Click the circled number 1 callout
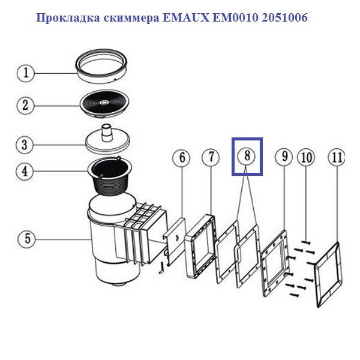tap(26, 73)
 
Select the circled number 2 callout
tap(25, 106)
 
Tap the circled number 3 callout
tap(25, 145)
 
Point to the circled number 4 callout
tap(25, 172)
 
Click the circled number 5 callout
tap(27, 239)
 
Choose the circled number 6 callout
tap(182, 158)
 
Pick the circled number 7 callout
tap(211, 157)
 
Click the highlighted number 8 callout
tap(247, 156)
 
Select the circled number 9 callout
tap(284, 157)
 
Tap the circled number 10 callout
tap(306, 158)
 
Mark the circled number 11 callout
tap(337, 158)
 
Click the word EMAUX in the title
tap(186, 17)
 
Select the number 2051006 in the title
tap(284, 17)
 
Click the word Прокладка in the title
tap(68, 18)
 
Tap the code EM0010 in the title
tap(235, 17)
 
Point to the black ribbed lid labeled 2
tap(104, 104)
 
